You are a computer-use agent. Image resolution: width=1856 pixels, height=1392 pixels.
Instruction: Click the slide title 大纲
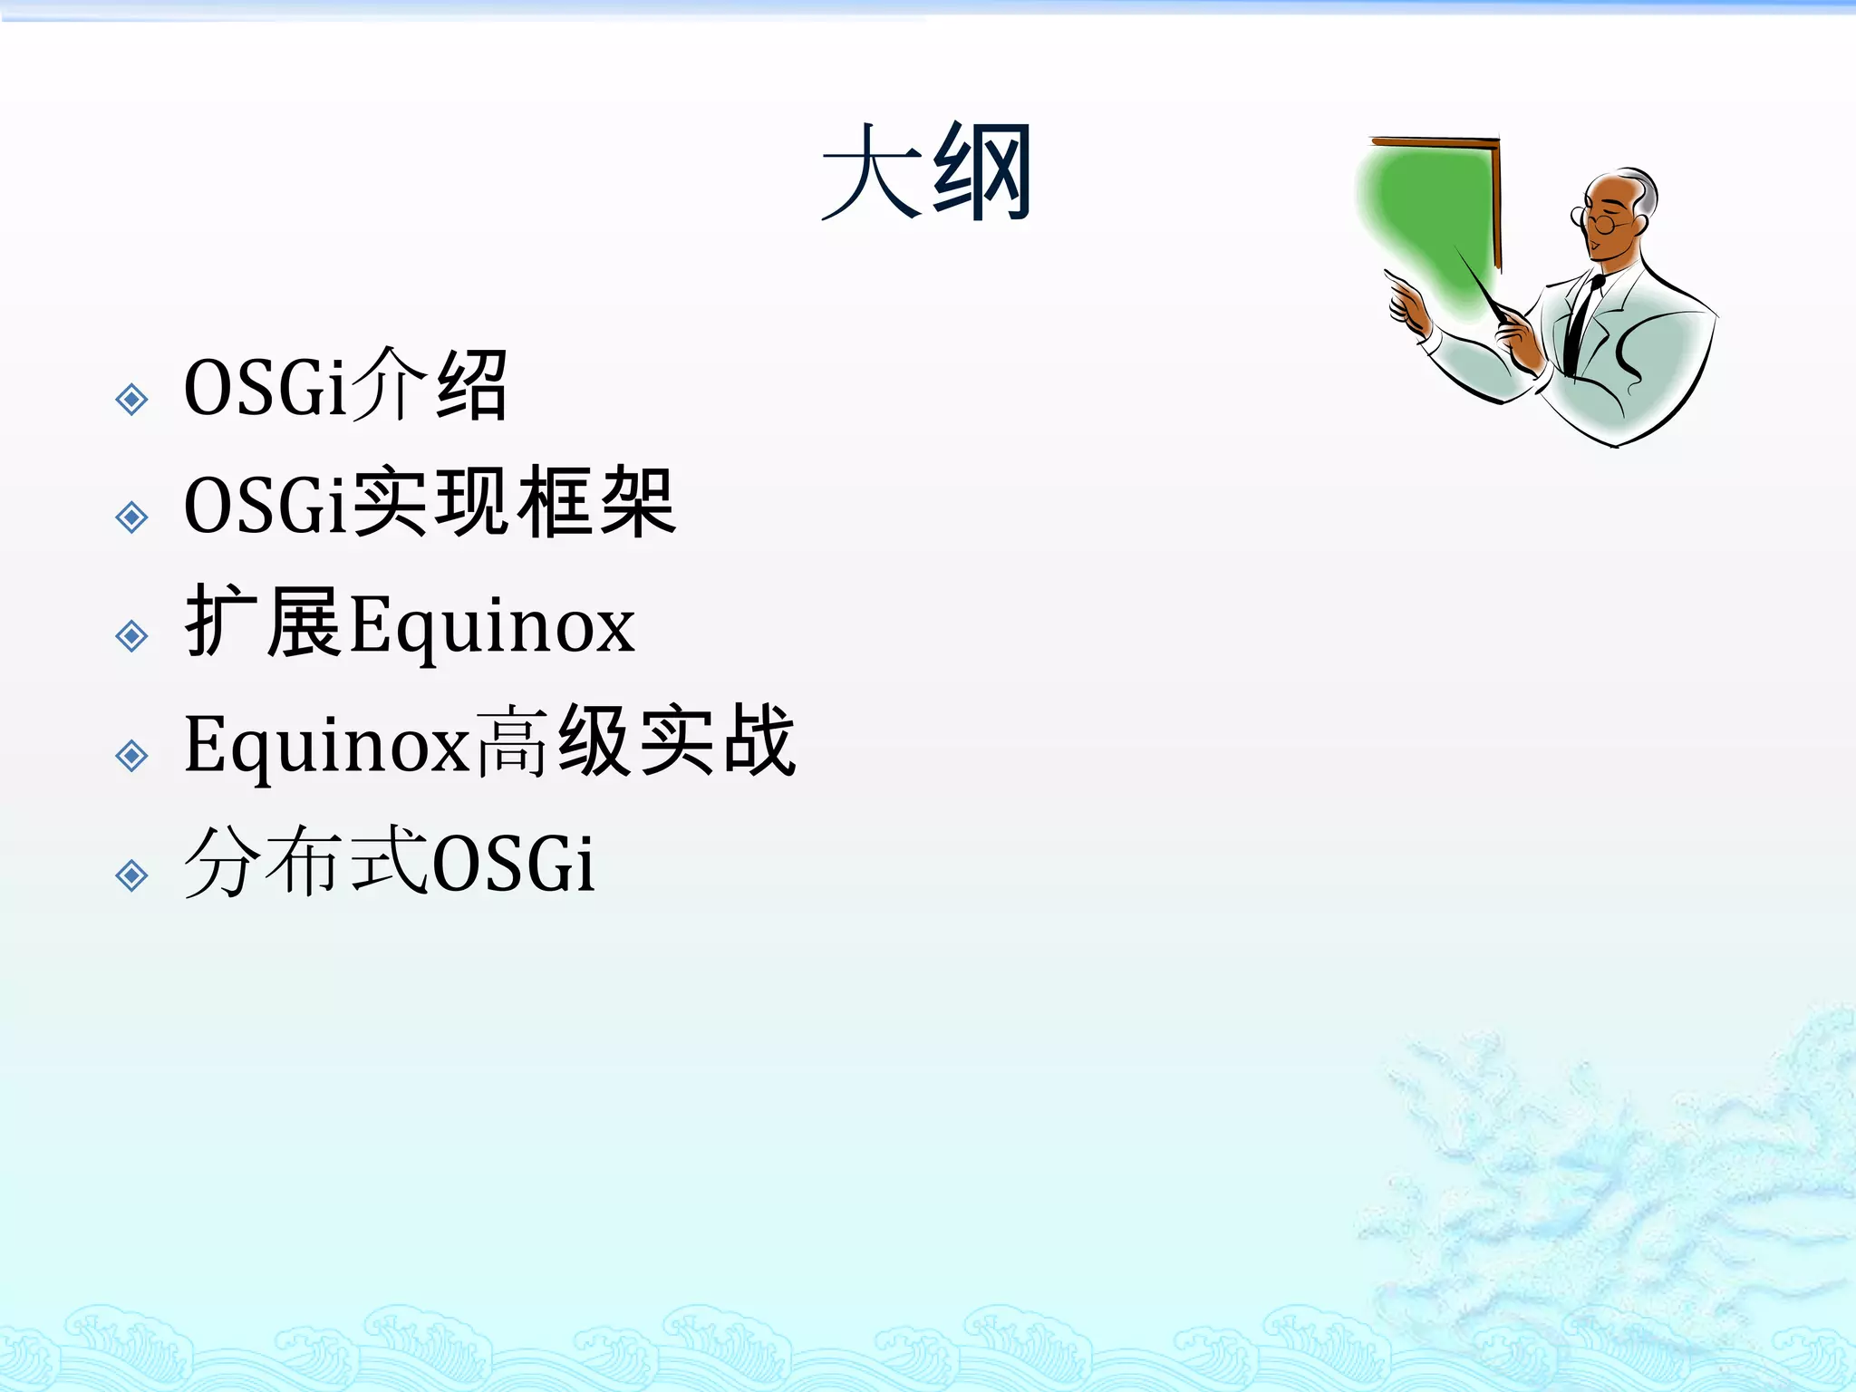point(926,172)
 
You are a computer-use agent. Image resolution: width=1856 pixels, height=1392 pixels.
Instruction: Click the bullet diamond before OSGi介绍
point(132,399)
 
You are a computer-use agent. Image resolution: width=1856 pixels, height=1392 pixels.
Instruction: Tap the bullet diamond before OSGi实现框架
point(132,517)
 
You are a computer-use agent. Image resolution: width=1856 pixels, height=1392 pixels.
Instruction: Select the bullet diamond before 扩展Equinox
point(132,636)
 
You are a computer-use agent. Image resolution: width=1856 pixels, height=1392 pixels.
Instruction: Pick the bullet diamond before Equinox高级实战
point(132,755)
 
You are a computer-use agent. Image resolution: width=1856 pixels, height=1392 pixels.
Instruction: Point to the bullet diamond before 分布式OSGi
point(132,875)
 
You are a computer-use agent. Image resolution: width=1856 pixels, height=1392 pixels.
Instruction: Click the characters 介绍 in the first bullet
point(428,386)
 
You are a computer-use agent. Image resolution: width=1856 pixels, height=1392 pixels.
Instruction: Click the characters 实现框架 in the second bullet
point(513,504)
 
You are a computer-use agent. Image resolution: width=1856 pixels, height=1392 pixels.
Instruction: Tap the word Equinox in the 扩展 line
point(492,625)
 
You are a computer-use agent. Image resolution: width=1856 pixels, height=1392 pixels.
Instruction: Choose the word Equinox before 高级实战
point(326,745)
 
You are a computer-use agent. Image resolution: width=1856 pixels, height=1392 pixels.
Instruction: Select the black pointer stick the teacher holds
point(1477,281)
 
